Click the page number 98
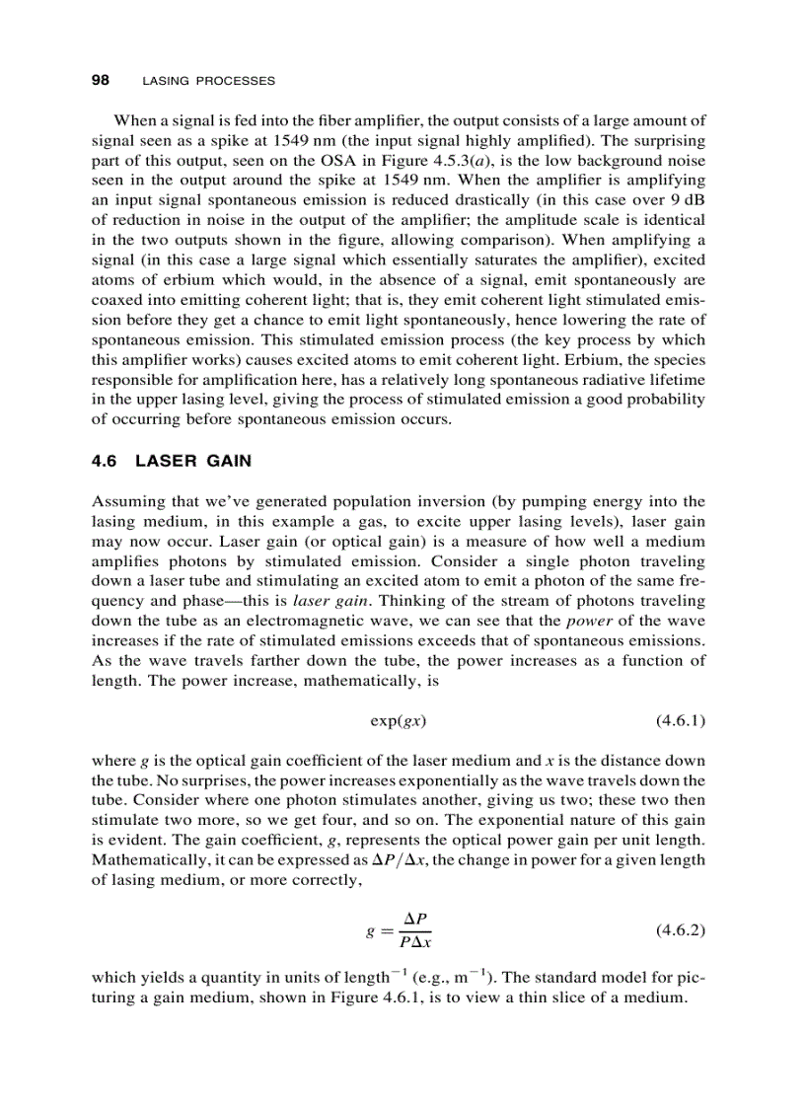pos(100,80)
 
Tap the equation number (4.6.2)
pos(680,930)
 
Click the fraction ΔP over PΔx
pos(412,930)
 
